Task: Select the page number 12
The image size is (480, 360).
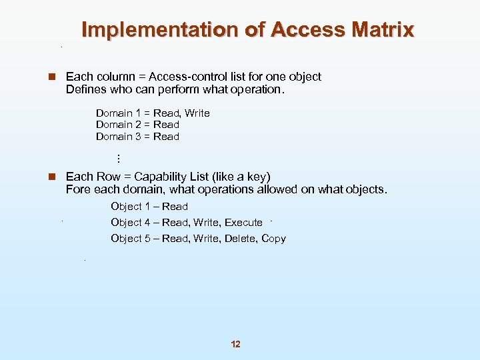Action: pyautogui.click(x=235, y=344)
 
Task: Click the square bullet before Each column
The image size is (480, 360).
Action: pyautogui.click(x=50, y=77)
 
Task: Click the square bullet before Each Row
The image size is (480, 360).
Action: pyautogui.click(x=50, y=177)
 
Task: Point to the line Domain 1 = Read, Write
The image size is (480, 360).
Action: pyautogui.click(x=153, y=113)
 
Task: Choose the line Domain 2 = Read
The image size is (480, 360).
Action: pyautogui.click(x=137, y=125)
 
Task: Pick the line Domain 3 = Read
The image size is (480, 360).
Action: pyautogui.click(x=137, y=137)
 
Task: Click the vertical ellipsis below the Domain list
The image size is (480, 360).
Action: pyautogui.click(x=117, y=159)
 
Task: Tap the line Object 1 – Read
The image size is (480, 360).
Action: pyautogui.click(x=149, y=207)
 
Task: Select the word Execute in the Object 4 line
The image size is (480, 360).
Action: pyautogui.click(x=243, y=223)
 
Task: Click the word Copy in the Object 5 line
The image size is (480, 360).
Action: pyautogui.click(x=273, y=239)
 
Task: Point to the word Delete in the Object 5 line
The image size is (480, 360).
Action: pyautogui.click(x=241, y=239)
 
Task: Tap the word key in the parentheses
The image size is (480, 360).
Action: pyautogui.click(x=256, y=177)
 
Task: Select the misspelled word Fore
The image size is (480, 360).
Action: pyautogui.click(x=77, y=189)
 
